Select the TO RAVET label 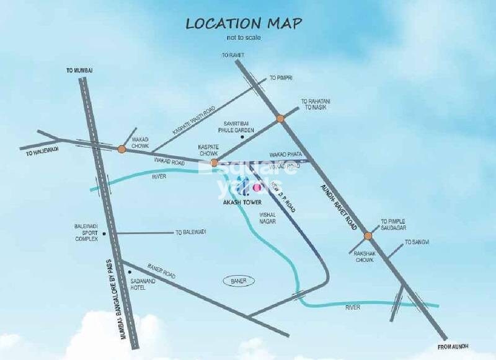[233, 55]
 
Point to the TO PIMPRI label [280, 78]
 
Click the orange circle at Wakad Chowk [122, 149]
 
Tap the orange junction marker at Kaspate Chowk [215, 163]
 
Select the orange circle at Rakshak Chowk [368, 235]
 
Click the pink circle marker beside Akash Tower [254, 186]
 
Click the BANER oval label [238, 281]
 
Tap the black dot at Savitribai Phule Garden [243, 136]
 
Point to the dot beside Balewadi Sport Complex [105, 234]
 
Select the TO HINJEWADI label [42, 151]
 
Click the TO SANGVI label [416, 242]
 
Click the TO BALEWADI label [190, 232]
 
